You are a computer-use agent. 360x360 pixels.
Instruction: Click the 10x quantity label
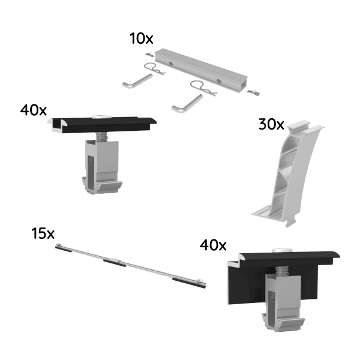coord(142,40)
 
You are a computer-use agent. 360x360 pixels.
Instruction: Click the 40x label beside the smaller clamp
coord(33,110)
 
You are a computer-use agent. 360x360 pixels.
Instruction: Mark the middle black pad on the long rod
coord(114,262)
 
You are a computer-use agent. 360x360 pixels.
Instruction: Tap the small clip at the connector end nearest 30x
coord(254,91)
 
